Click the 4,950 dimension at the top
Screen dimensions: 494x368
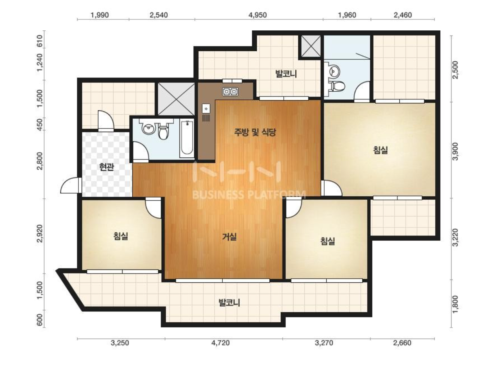(258, 15)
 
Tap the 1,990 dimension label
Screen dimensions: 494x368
(99, 15)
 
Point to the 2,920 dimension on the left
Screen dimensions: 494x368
(40, 233)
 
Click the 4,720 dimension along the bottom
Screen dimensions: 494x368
(221, 343)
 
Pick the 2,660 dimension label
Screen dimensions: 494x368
(402, 343)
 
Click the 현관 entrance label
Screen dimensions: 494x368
(107, 167)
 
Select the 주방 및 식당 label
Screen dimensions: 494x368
(255, 132)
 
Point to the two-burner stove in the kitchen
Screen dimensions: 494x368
(230, 91)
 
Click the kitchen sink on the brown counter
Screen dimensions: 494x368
(206, 109)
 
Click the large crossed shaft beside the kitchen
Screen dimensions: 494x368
(176, 99)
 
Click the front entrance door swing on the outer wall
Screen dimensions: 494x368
(71, 185)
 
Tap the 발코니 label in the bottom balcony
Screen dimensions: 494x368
(229, 303)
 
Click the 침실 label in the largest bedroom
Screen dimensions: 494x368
(380, 150)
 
